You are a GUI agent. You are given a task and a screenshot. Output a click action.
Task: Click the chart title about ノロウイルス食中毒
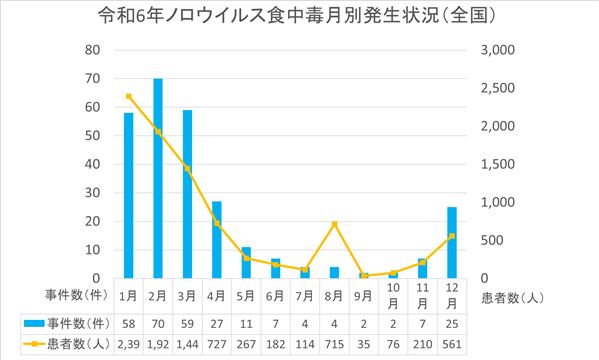tap(300, 16)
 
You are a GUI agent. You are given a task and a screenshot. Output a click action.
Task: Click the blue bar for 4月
tap(217, 240)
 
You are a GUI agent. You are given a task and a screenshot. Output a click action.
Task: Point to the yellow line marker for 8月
tap(335, 224)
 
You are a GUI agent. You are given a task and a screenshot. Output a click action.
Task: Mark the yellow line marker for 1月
tap(129, 96)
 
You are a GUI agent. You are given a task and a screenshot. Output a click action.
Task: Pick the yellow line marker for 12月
tap(452, 236)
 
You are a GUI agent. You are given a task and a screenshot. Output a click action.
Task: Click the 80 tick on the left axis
tap(92, 50)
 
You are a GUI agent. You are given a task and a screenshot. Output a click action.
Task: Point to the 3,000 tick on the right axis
tap(498, 50)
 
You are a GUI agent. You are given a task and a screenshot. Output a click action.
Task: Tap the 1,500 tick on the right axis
tap(498, 164)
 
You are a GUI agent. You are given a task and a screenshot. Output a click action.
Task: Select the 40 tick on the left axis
tap(92, 164)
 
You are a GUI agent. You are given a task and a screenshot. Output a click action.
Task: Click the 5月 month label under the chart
tap(246, 296)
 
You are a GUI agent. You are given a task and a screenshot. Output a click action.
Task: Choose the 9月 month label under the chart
tap(364, 296)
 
